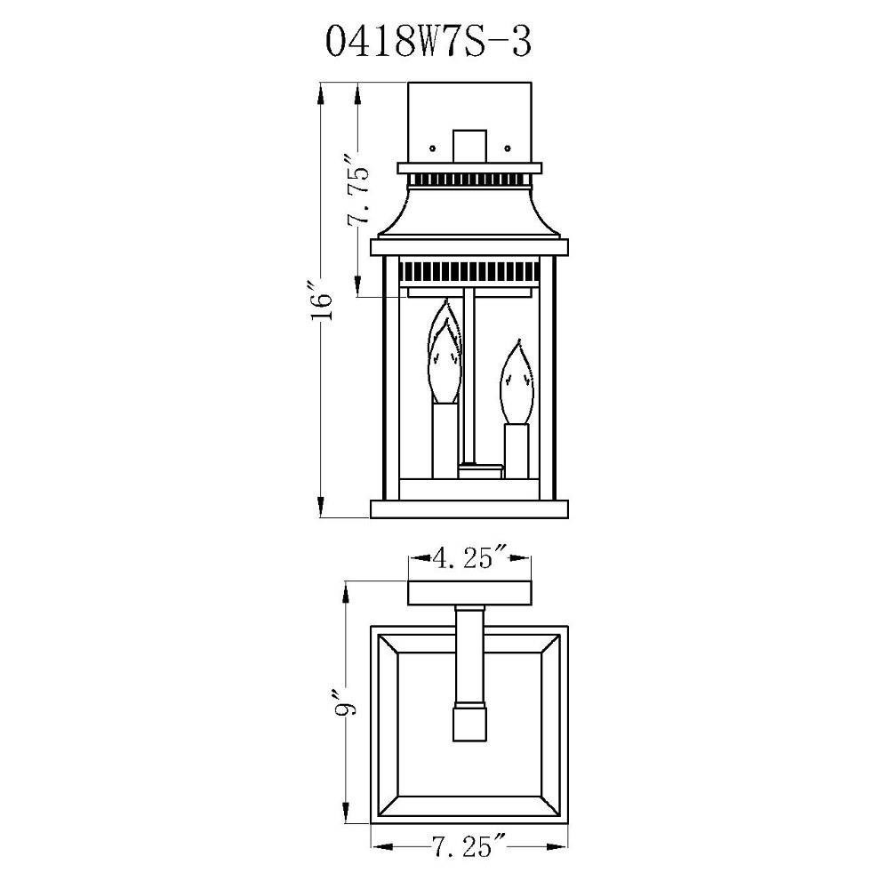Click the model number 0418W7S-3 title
click(428, 42)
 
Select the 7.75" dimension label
click(358, 196)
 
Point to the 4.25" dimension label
click(470, 558)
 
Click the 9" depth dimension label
click(345, 702)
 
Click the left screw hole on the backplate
click(433, 148)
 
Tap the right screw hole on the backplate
click(508, 148)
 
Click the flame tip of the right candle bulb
click(517, 341)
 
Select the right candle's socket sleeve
click(517, 451)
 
